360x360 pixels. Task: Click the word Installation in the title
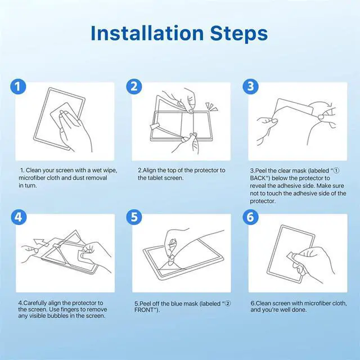[147, 33]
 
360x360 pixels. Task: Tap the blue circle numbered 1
[18, 87]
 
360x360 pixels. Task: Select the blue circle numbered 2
[134, 87]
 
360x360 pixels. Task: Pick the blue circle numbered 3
[250, 87]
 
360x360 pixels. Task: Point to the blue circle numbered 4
[19, 217]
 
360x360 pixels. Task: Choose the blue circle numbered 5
[134, 217]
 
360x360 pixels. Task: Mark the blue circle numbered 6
[250, 217]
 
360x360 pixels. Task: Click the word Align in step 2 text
[150, 170]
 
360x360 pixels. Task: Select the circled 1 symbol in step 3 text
[336, 170]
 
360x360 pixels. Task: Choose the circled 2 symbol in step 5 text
[227, 303]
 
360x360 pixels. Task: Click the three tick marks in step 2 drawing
[211, 106]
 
